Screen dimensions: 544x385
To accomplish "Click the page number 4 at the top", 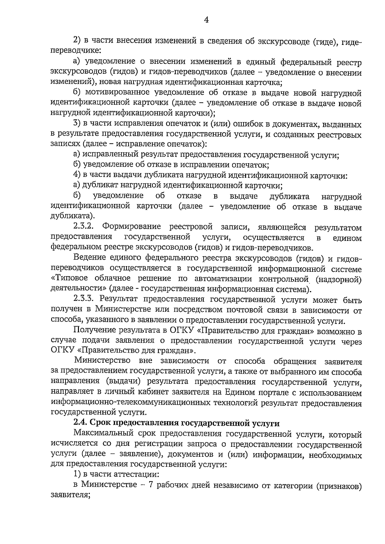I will pyautogui.click(x=206, y=20).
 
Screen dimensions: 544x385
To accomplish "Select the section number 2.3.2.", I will pyautogui.click(x=83, y=227).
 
